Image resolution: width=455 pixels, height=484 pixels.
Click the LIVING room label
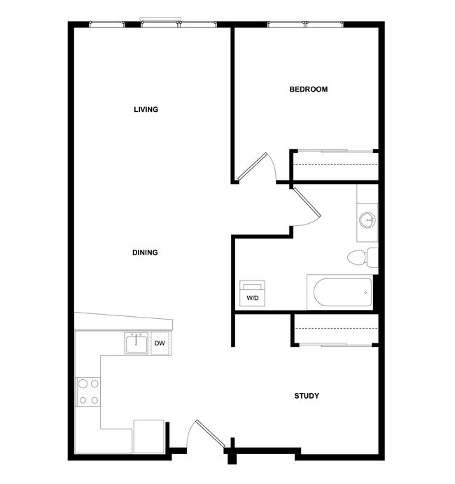[146, 110]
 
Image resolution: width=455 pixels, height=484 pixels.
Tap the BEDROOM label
[309, 90]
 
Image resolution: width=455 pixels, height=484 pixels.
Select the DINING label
[145, 253]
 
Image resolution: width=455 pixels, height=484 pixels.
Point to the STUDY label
[307, 397]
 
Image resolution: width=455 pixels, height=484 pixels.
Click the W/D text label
[252, 299]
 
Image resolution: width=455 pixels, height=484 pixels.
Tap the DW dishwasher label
[160, 343]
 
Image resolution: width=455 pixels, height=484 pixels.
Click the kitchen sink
[136, 343]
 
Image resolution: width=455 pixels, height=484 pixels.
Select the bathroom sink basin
[367, 221]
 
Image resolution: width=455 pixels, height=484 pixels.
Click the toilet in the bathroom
[361, 257]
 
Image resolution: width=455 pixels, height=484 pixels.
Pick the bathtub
[342, 292]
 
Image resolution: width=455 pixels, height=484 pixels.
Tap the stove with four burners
[88, 392]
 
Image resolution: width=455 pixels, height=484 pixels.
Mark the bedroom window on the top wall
[305, 25]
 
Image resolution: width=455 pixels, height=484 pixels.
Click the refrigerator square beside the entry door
[148, 436]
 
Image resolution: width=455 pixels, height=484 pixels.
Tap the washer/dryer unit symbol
[252, 293]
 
